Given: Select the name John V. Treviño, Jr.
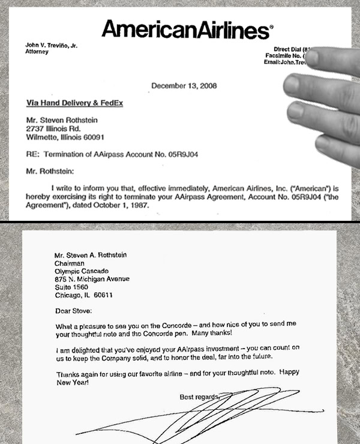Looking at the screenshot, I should coord(52,46).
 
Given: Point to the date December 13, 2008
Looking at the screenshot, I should coord(184,86).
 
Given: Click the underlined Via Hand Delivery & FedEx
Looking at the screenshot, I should coord(74,103).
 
